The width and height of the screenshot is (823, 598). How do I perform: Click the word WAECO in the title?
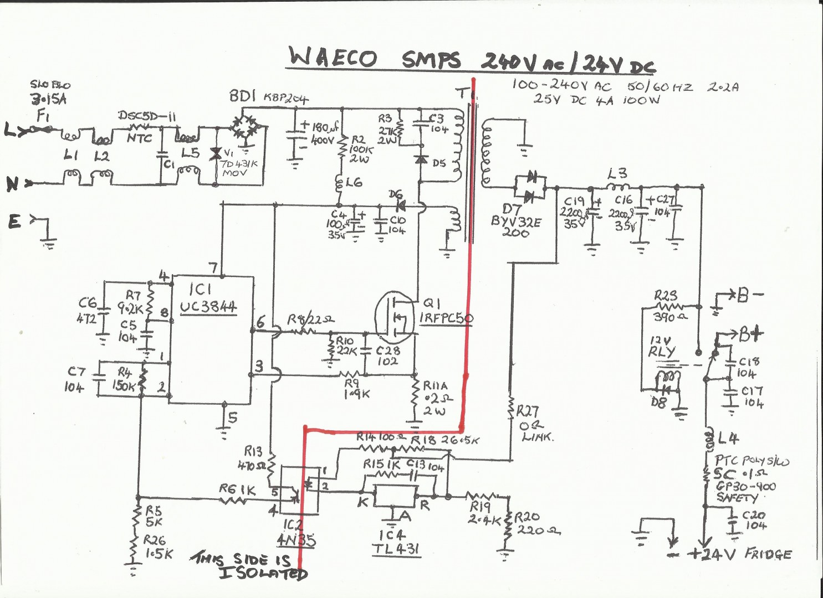pyautogui.click(x=333, y=58)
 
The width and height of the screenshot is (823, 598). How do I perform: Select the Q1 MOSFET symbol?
pyautogui.click(x=395, y=317)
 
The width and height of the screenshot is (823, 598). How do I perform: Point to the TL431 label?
pyautogui.click(x=396, y=549)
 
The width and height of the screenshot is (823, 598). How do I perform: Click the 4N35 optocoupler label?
pyautogui.click(x=295, y=539)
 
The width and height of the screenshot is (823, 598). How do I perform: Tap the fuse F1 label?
pyautogui.click(x=42, y=117)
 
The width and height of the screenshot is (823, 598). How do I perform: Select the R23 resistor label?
pyautogui.click(x=665, y=295)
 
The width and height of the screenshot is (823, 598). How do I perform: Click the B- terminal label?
pyautogui.click(x=749, y=296)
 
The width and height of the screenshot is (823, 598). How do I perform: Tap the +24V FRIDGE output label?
pyautogui.click(x=740, y=554)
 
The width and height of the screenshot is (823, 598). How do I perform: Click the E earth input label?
pyautogui.click(x=14, y=222)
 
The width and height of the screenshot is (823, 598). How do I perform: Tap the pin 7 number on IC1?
pyautogui.click(x=213, y=267)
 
